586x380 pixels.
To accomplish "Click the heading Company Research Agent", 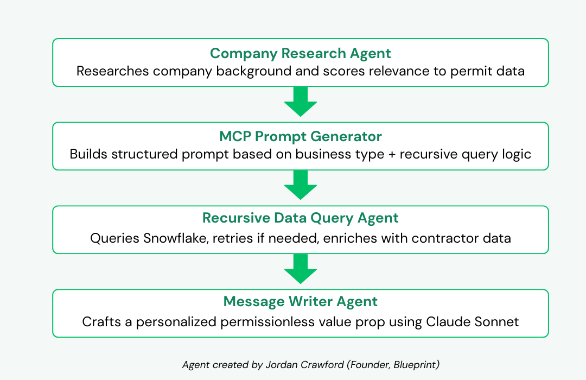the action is click(300, 54).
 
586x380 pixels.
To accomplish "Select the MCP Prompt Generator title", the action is click(301, 137).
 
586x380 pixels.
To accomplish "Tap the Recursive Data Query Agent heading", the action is click(301, 218).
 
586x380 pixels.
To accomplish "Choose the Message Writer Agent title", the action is click(301, 302).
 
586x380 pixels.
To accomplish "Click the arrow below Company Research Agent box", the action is click(301, 102).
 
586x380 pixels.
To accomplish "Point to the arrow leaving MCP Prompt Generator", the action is click(301, 185).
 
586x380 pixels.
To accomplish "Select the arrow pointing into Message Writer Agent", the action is click(301, 269).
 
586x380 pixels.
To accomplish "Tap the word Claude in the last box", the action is click(448, 322).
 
